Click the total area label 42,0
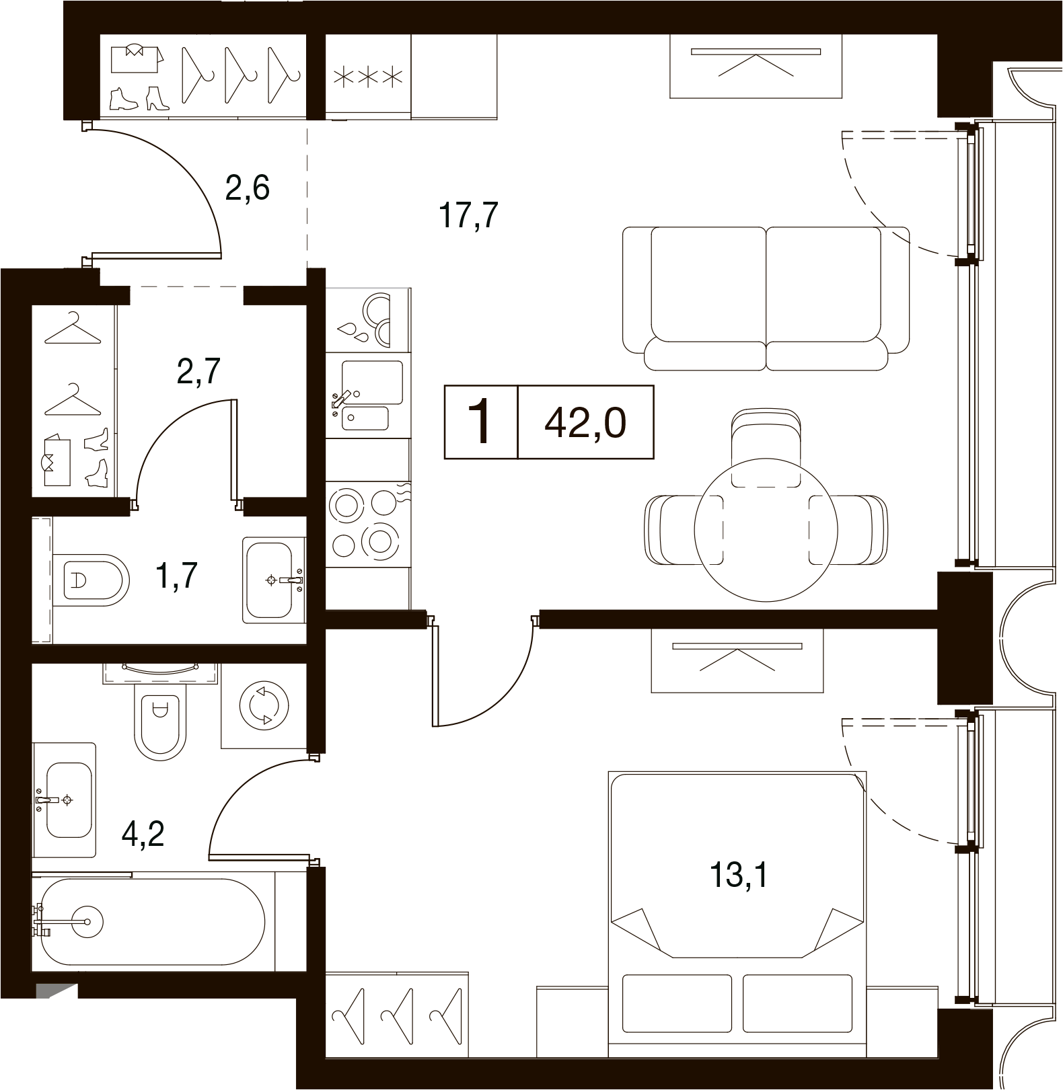tap(585, 423)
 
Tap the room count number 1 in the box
tap(481, 422)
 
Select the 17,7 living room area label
tap(468, 216)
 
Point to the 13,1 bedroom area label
tap(738, 875)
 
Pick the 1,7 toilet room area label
tap(176, 576)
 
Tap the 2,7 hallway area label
tap(199, 371)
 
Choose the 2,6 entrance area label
tap(248, 188)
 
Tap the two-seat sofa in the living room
tap(766, 298)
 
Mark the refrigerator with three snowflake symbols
tap(368, 77)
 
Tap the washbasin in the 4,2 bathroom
tap(65, 800)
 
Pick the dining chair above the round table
tap(766, 448)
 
